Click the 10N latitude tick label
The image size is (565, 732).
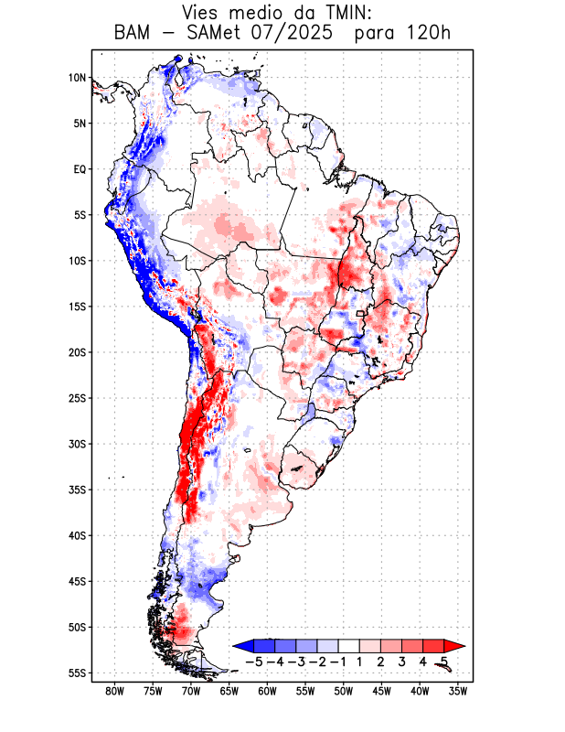77,78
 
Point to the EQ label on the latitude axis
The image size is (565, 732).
79,169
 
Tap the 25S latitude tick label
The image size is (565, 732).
77,398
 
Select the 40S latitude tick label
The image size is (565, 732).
77,535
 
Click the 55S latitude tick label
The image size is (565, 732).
77,673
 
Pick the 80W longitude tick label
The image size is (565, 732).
114,691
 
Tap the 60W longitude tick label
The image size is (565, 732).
267,691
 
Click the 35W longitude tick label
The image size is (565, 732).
458,691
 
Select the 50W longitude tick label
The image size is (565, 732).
344,691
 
